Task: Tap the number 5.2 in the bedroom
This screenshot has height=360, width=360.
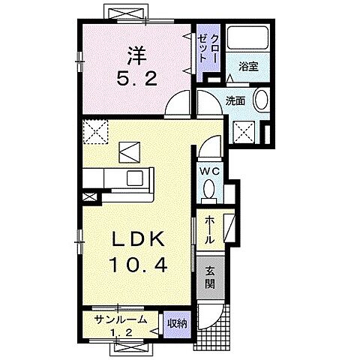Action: pos(136,78)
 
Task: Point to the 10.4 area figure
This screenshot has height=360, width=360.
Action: pos(137,265)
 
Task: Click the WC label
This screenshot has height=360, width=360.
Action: pos(210,172)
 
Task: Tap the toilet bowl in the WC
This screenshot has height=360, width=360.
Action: pos(208,188)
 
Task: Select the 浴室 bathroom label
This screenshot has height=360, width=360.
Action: pos(248,67)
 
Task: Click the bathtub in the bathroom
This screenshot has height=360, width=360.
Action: pos(247,37)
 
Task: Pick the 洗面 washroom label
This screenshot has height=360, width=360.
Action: pos(235,100)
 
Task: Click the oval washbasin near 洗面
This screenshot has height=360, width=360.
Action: pos(261,99)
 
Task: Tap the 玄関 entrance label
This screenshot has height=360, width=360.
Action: pos(210,277)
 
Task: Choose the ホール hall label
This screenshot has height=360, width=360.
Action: pos(209,229)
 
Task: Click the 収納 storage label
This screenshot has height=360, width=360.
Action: pos(177,324)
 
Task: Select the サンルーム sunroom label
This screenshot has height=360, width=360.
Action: pos(121,319)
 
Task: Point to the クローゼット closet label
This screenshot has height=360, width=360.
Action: pos(208,48)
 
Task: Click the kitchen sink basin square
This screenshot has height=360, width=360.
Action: pos(135,178)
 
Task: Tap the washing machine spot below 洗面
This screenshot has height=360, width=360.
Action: pos(244,132)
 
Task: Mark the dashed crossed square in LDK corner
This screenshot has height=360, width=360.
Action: pos(96,132)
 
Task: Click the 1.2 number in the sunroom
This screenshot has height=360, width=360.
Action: pos(121,333)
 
